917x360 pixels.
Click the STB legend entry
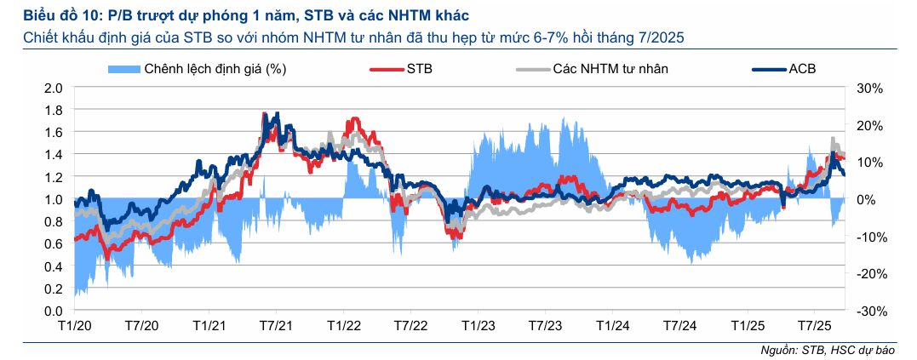click(415, 69)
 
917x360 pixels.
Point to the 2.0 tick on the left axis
click(54, 88)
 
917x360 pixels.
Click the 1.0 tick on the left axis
click(54, 199)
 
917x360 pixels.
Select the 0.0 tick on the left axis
click(54, 311)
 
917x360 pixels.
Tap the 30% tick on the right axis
click(869, 88)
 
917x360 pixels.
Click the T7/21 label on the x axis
click(276, 327)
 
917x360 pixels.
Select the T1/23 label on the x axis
click(478, 327)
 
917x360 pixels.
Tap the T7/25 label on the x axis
click(814, 327)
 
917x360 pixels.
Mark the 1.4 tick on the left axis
click(54, 155)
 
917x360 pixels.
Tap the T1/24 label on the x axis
click(612, 327)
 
